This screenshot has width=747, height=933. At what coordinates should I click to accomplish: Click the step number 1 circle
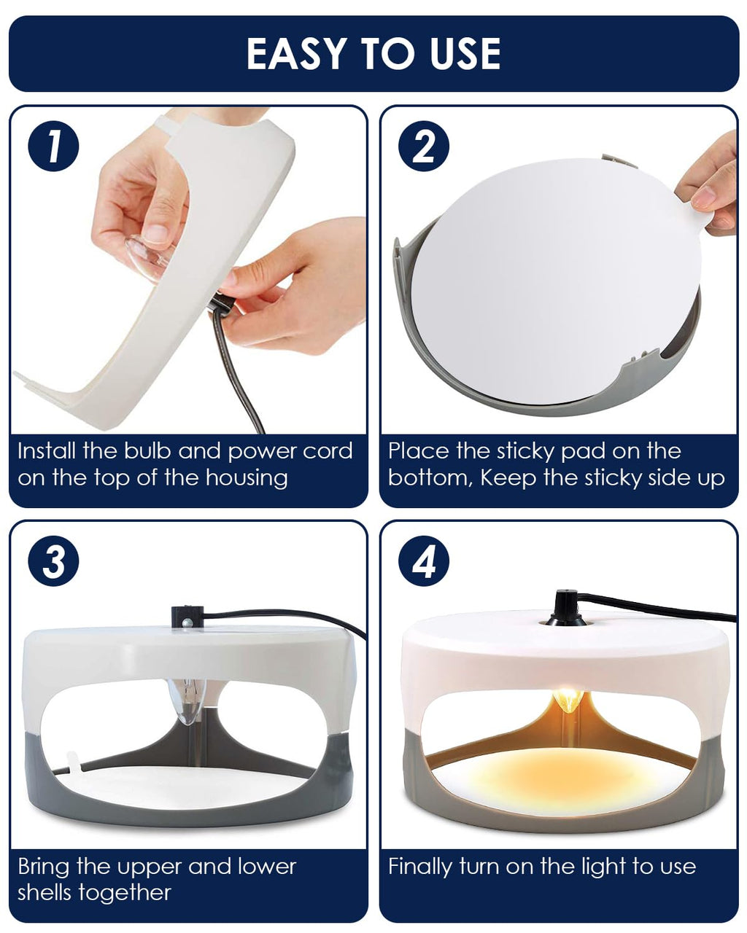point(53,146)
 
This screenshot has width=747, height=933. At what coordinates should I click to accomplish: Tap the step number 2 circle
point(424,146)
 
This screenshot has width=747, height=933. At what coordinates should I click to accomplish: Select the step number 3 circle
point(53,561)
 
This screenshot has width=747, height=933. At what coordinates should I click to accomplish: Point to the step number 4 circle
point(424,561)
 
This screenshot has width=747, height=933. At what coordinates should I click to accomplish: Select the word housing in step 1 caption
point(247,478)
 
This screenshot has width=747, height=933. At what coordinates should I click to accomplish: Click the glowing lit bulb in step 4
point(568,700)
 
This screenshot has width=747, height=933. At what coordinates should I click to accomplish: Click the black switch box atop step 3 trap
point(187,617)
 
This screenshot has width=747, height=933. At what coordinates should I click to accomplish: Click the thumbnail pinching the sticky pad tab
point(703,198)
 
